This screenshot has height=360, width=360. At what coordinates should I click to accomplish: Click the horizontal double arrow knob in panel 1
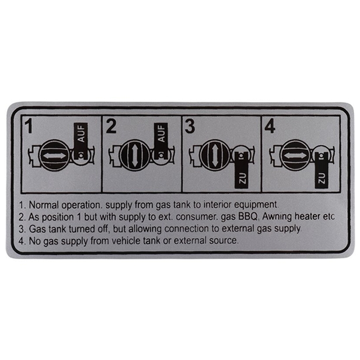[54, 156]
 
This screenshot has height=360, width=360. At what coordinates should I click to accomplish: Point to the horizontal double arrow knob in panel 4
[293, 156]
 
